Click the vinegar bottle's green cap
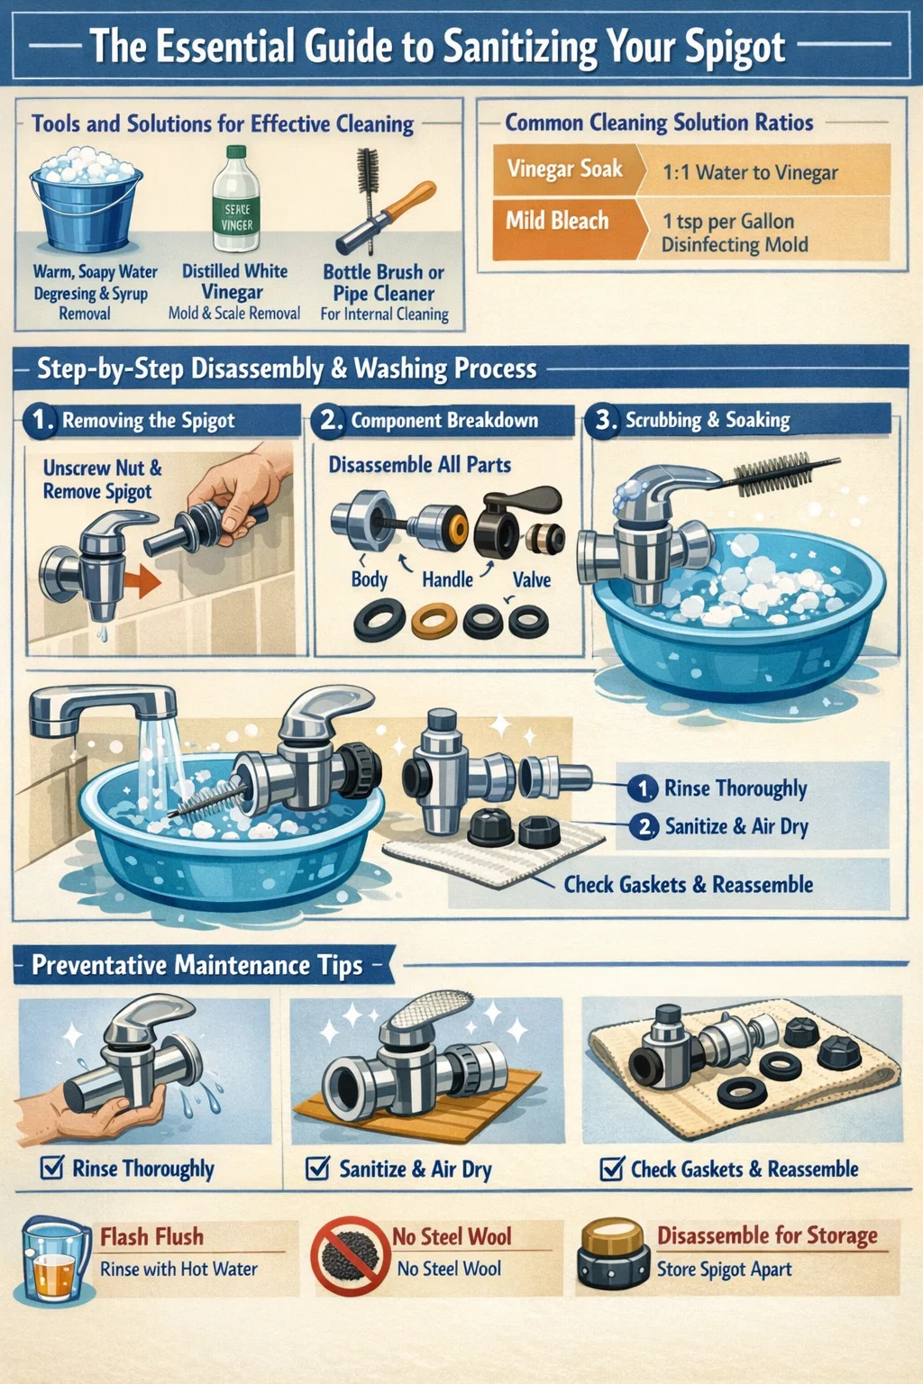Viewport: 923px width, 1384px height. coord(236,152)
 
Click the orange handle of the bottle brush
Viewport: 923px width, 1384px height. coord(411,199)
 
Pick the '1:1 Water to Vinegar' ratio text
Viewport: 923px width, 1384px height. coord(750,172)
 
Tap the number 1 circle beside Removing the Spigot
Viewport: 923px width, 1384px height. coord(40,422)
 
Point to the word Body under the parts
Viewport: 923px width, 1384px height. coord(369,579)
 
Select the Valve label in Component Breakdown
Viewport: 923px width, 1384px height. coord(532,579)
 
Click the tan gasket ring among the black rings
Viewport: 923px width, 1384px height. coord(434,620)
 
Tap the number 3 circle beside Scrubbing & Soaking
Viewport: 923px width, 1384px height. coord(602,422)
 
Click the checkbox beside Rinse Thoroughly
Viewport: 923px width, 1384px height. coord(52,1168)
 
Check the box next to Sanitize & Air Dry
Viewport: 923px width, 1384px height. coord(318,1168)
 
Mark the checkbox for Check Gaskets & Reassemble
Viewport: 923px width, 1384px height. coord(612,1169)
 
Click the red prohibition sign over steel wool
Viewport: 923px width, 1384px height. coord(350,1256)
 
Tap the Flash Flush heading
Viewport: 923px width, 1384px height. coord(152,1236)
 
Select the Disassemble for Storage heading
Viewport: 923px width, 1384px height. coord(767,1235)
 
